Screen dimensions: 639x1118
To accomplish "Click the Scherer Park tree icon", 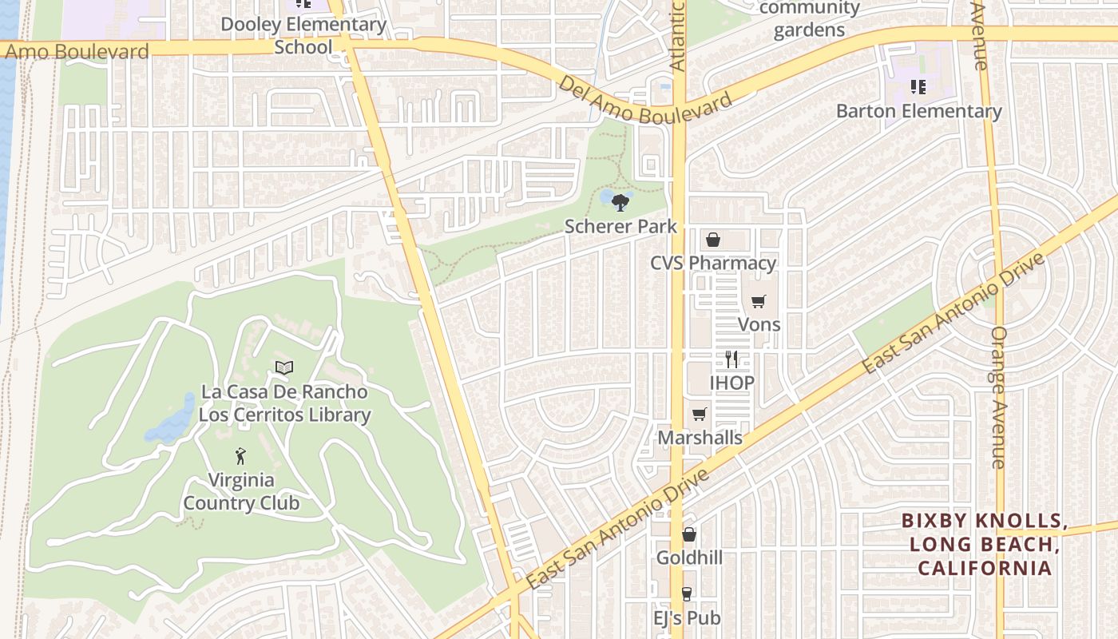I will (619, 202).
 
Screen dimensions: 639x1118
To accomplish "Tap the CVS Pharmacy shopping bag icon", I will (713, 240).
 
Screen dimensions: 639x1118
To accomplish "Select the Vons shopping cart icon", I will (759, 301).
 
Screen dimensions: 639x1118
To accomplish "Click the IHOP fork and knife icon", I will (731, 359).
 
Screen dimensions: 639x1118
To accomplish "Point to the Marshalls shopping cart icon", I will (700, 414).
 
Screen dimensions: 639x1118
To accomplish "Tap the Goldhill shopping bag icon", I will (688, 534).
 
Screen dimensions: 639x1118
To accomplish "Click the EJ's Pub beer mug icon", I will (686, 594).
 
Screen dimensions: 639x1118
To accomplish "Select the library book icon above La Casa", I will (284, 367).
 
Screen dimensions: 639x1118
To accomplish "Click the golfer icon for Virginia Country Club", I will (240, 457).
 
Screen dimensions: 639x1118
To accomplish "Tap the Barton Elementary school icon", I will (918, 86).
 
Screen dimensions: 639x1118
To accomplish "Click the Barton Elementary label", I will (918, 111).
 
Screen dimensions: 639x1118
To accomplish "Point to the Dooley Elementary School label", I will (303, 35).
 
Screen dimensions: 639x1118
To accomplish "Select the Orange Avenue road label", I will (998, 397).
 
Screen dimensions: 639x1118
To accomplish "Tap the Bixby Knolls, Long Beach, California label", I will (984, 544).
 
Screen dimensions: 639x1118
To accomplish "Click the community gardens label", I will (809, 19).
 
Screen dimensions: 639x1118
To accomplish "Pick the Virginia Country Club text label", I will (241, 491).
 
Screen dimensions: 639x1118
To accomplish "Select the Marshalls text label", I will (700, 438).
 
